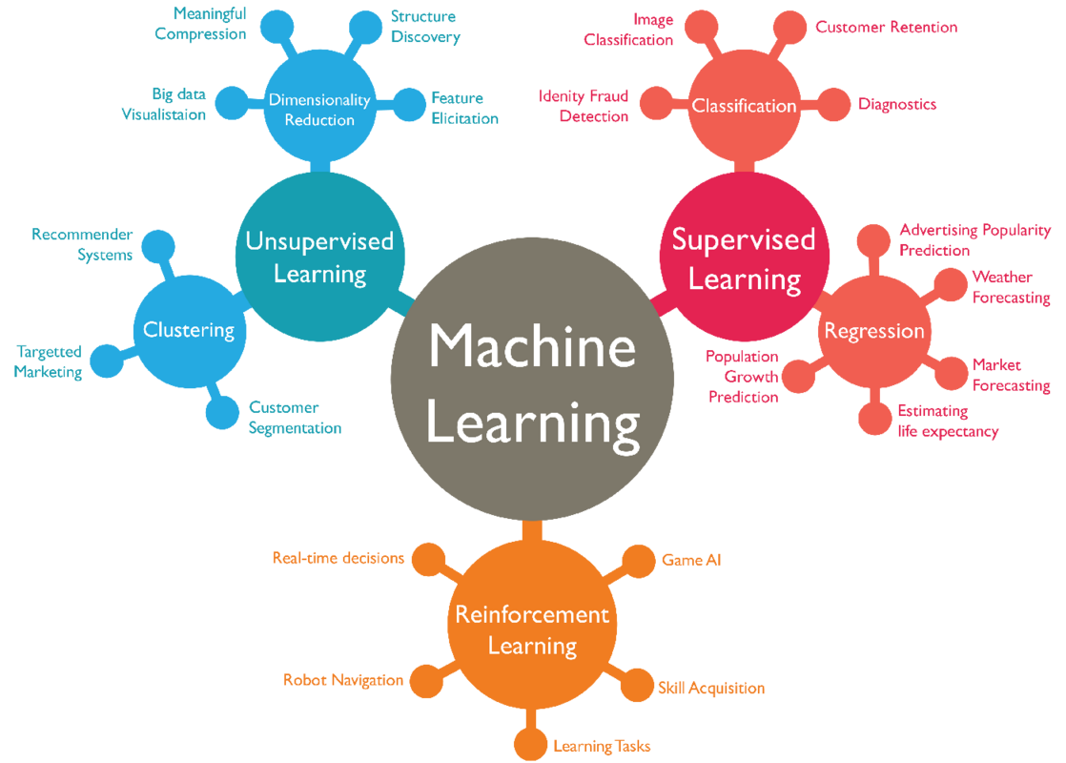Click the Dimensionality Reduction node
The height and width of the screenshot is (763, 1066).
coord(319,109)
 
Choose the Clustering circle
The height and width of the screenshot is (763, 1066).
coord(189,330)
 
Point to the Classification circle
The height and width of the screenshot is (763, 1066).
coord(744,105)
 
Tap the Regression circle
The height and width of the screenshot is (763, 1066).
coord(874,331)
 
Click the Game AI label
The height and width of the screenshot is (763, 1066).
coord(691,560)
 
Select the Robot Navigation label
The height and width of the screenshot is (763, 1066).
coord(343,680)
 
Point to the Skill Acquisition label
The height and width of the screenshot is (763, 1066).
coord(711,688)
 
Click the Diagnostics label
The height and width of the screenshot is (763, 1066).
coord(897,104)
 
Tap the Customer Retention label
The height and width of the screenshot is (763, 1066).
coord(886,27)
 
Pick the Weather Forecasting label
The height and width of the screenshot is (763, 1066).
coord(1011,287)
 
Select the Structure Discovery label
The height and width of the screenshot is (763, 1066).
coord(425,28)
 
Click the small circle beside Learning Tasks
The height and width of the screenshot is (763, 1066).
coord(529,745)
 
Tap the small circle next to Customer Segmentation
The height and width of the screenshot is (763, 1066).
coord(221,412)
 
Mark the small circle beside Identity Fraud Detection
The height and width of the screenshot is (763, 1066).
coord(656,102)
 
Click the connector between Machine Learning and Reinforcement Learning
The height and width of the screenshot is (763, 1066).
coord(531,530)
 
